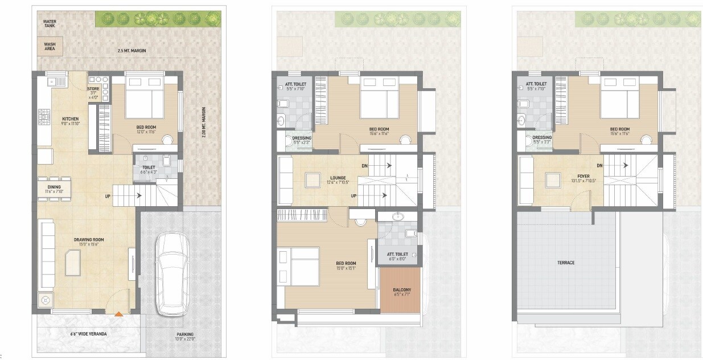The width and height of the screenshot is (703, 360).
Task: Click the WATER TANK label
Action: [49, 23]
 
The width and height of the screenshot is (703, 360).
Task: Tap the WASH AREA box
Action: [50, 46]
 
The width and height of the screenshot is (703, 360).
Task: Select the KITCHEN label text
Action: [71, 118]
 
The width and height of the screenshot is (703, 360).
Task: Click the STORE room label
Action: [93, 89]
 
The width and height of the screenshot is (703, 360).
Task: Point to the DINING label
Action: [55, 187]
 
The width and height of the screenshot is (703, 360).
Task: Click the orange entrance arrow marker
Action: [118, 313]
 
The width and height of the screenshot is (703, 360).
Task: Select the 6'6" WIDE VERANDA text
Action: [88, 334]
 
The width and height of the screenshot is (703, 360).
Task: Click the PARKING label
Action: [184, 334]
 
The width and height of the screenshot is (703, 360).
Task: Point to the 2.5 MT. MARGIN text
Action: [132, 51]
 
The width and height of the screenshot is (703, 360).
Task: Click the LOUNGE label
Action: [338, 178]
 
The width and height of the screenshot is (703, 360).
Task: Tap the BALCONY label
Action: [402, 290]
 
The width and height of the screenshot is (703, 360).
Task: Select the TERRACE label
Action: [565, 263]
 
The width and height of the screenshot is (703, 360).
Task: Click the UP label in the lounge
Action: [353, 195]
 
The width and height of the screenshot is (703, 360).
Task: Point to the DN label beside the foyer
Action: [599, 165]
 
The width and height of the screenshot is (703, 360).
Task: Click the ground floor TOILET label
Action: [149, 167]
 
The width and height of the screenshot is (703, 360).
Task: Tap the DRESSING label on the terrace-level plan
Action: [542, 137]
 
